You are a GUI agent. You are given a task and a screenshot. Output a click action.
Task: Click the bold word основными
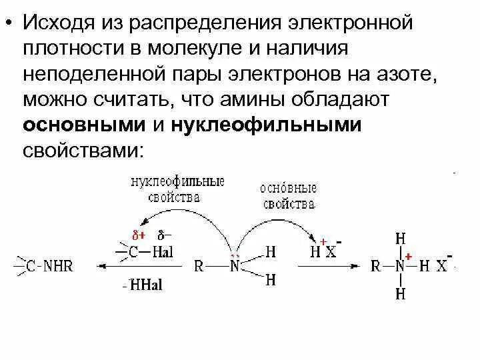click(x=85, y=125)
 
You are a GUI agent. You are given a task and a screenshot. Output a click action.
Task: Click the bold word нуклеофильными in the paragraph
click(x=266, y=125)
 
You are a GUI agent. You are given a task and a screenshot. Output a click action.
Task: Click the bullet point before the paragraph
click(x=9, y=25)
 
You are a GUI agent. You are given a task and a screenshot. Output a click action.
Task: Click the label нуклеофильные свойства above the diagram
click(x=177, y=189)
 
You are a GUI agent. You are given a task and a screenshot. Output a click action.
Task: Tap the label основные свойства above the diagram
click(x=288, y=195)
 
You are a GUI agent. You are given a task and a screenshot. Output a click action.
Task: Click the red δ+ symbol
click(x=138, y=236)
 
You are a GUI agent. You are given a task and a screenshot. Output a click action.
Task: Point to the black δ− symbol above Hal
click(x=163, y=236)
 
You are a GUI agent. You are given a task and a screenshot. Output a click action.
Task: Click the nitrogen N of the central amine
click(x=235, y=266)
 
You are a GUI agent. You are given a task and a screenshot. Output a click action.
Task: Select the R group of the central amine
click(x=199, y=266)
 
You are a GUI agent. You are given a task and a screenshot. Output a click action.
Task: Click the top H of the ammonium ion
click(x=399, y=238)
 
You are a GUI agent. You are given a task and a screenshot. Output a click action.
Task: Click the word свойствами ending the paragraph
click(x=82, y=149)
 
